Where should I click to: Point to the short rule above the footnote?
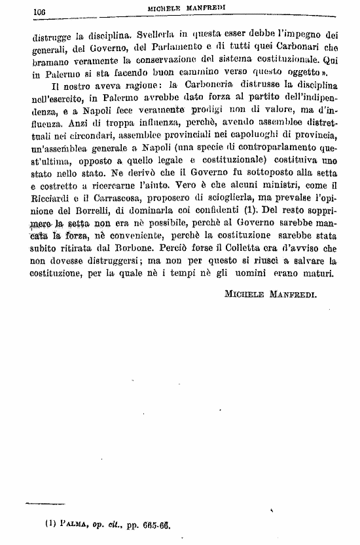coord(46,504)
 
